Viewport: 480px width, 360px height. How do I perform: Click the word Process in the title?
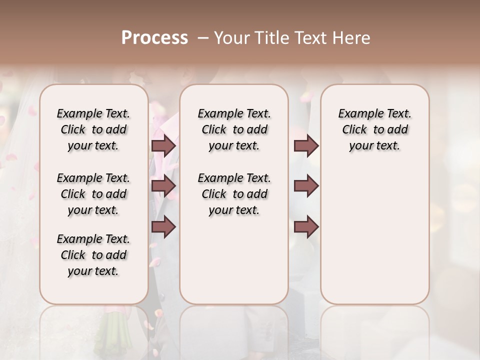pyautogui.click(x=154, y=38)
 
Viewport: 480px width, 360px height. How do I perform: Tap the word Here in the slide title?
pyautogui.click(x=352, y=38)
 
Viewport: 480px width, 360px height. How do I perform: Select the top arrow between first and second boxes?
pyautogui.click(x=163, y=145)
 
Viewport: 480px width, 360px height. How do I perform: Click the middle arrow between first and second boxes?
pyautogui.click(x=163, y=186)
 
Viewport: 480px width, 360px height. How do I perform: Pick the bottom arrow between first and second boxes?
pyautogui.click(x=163, y=226)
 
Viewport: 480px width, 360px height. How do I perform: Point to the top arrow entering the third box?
pyautogui.click(x=306, y=145)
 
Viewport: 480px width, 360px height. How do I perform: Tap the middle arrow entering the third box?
pyautogui.click(x=306, y=186)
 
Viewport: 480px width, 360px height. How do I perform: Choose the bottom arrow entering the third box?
pyautogui.click(x=306, y=226)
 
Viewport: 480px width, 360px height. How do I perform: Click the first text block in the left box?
pyautogui.click(x=93, y=129)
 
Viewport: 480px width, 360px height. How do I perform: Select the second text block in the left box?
pyautogui.click(x=93, y=194)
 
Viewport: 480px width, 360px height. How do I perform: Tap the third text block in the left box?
pyautogui.click(x=93, y=255)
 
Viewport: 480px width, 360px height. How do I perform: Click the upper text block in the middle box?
pyautogui.click(x=234, y=129)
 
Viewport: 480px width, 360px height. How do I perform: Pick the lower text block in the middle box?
pyautogui.click(x=234, y=194)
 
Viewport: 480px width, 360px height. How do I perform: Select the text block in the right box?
pyautogui.click(x=374, y=129)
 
